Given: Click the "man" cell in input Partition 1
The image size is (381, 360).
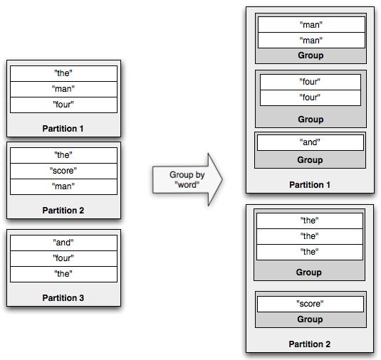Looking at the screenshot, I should point(63,89).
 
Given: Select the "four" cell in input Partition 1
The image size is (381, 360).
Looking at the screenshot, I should point(63,105).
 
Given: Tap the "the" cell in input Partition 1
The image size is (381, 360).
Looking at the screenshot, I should point(63,73).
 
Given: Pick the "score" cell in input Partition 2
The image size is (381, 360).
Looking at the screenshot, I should point(63,171).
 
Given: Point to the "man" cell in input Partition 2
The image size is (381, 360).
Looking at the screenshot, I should point(63,186).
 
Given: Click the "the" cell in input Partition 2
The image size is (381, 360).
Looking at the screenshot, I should point(63,155).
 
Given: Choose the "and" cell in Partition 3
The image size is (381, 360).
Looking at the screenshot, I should point(63,243).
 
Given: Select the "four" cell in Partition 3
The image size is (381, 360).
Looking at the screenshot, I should point(63,258).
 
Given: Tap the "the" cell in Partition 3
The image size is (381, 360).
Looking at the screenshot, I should point(63,274).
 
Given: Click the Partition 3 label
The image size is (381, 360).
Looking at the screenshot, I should point(63,298).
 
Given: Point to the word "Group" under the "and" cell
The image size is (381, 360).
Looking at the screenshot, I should point(310,160).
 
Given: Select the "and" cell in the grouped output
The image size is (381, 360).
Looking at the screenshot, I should point(310,142).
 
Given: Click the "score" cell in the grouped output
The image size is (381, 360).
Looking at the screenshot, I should point(310,304).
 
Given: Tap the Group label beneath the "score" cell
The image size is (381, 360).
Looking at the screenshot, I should point(310,319).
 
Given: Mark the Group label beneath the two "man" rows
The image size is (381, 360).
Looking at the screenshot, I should point(310,55).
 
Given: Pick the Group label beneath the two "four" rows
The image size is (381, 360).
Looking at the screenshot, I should point(310,120).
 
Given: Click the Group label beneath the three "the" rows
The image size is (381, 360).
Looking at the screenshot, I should point(310,272).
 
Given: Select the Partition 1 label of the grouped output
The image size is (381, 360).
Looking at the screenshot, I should point(310,185).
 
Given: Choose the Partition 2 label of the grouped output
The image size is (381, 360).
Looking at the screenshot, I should point(310,344).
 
